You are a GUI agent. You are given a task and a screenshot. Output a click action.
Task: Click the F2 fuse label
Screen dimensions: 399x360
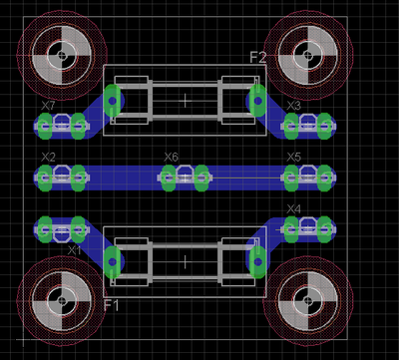click(258, 58)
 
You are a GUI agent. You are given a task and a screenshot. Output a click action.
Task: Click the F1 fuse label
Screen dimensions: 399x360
click(111, 305)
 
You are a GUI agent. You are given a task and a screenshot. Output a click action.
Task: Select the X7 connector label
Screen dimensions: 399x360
click(48, 106)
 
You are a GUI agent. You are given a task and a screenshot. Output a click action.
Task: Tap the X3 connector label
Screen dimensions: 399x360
click(293, 106)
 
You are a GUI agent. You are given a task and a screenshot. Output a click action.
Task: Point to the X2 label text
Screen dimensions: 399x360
click(48, 158)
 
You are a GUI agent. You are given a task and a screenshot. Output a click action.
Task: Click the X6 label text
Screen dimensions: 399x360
click(171, 158)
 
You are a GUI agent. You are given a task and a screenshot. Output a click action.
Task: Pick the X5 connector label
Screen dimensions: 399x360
click(293, 158)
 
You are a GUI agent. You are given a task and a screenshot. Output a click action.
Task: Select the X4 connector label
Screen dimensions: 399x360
click(293, 209)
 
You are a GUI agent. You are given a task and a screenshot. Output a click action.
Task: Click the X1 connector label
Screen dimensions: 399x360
click(75, 250)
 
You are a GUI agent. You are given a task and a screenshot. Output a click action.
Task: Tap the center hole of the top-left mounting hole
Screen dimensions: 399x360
click(62, 55)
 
